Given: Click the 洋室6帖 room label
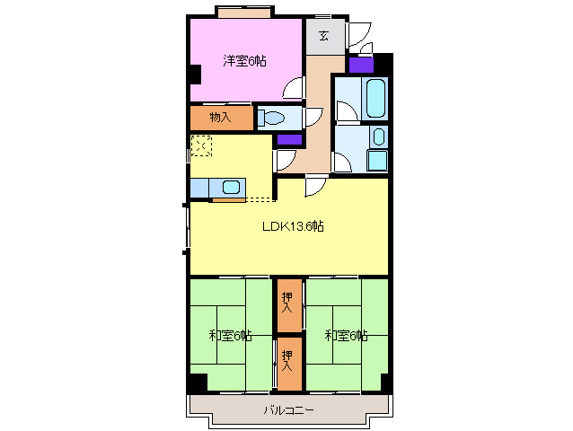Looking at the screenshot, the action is pos(244,61).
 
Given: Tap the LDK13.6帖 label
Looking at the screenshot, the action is pos(293,226).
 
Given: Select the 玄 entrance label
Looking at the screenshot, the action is pos(323,36).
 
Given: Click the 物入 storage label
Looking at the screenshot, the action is pos(220,118).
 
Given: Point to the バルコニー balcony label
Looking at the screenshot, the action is pos(288,410).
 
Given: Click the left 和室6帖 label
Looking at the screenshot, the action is pos(230,335).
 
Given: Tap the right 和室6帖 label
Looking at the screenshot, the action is pos(346,335).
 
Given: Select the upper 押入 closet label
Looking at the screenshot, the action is pos(287,302).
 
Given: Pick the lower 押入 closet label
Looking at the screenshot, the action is pos(287,360).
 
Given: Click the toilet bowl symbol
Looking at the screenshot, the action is pos(271,118).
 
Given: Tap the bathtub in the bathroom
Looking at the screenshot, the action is pos(375,98).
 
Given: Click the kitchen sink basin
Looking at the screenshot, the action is pos(231,188).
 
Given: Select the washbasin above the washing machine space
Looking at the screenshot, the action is pos(379,136).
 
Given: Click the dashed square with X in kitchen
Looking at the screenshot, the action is pos(201,145).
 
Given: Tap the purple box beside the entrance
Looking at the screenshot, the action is pos(361,65).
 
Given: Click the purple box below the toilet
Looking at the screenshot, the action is pos(290,139).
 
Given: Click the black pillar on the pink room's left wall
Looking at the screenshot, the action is pos(196,74).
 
